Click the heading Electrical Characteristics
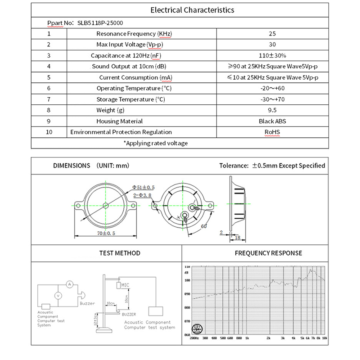(192, 10)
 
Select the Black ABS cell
(272, 121)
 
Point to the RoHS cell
(272, 132)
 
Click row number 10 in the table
(49, 132)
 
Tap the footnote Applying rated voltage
(156, 143)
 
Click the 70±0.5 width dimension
(107, 233)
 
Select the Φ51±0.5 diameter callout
(144, 187)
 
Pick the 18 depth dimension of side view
(237, 237)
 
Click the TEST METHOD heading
(120, 253)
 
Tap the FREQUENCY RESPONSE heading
(268, 253)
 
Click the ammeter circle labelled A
(69, 284)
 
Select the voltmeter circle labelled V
(58, 296)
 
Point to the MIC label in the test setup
(125, 285)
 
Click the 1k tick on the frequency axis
(247, 337)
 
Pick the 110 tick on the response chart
(187, 267)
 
